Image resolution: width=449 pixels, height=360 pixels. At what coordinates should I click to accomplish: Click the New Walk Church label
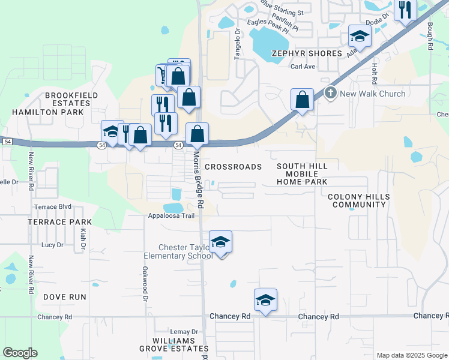point(372,94)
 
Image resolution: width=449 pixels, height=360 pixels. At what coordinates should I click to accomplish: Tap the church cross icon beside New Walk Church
point(330,94)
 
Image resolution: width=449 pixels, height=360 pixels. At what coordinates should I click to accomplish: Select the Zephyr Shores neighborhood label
point(307,53)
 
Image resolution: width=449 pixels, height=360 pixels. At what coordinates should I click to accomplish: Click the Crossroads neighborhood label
point(234,167)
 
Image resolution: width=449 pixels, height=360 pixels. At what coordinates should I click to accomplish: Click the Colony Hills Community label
point(358,200)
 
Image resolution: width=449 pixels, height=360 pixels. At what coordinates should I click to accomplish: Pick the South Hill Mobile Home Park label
point(302,174)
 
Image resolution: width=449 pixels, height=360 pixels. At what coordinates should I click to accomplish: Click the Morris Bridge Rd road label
point(199,179)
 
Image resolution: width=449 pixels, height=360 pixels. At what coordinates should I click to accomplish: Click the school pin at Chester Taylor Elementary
point(220,242)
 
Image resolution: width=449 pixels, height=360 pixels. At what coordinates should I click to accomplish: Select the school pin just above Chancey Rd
point(265,300)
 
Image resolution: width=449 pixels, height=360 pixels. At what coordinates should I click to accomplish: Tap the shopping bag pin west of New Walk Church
point(303,99)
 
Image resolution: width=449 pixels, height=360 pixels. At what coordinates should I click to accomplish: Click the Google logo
point(20,353)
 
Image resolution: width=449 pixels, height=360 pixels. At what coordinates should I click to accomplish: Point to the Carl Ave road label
point(303,67)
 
